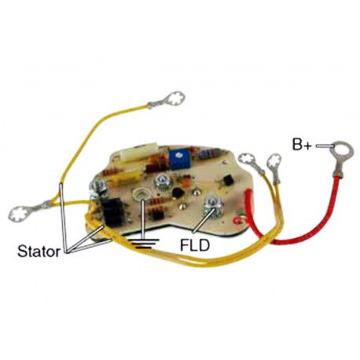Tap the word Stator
click(39, 252)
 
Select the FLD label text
click(195, 245)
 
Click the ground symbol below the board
click(145, 244)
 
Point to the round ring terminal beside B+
click(342, 152)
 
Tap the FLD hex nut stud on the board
click(213, 207)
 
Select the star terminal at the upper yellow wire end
click(175, 99)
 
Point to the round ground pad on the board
click(139, 194)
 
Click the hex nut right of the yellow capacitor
click(162, 182)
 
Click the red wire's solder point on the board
click(240, 219)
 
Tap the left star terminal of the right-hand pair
click(248, 160)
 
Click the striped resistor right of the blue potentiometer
click(208, 154)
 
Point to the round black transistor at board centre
click(178, 193)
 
